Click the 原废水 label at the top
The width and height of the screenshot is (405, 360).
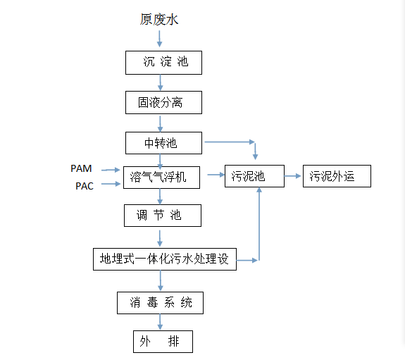pyautogui.click(x=159, y=20)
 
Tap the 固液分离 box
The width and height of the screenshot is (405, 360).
pyautogui.click(x=164, y=102)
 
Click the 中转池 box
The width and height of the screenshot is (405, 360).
pyautogui.click(x=164, y=143)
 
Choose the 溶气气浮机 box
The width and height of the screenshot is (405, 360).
pyautogui.click(x=161, y=178)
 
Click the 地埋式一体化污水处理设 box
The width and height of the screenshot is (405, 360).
pyautogui.click(x=166, y=259)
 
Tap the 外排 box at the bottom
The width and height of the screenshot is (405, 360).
pyautogui.click(x=163, y=342)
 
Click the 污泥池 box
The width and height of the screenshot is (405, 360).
pyautogui.click(x=254, y=176)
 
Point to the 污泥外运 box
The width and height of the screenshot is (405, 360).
pyautogui.click(x=337, y=176)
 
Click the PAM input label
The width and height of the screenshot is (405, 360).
pyautogui.click(x=81, y=168)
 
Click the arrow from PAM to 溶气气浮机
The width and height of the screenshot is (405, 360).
pyautogui.click(x=111, y=170)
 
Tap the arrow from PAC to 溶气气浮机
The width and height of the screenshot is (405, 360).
pyautogui.click(x=111, y=185)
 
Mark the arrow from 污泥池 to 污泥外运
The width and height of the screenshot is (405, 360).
pyautogui.click(x=293, y=176)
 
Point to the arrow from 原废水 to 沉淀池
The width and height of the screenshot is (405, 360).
pyautogui.click(x=159, y=39)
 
